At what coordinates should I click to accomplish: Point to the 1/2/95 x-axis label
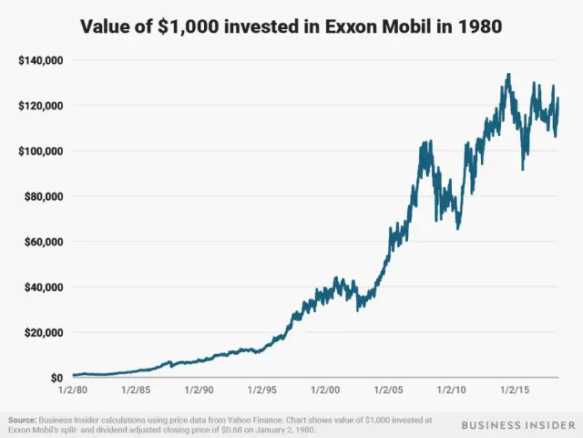coord(262,389)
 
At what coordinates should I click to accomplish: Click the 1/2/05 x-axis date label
coord(389,389)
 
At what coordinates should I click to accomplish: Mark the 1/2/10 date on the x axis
coord(453,389)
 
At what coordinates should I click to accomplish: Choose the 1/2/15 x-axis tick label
coord(517,389)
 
